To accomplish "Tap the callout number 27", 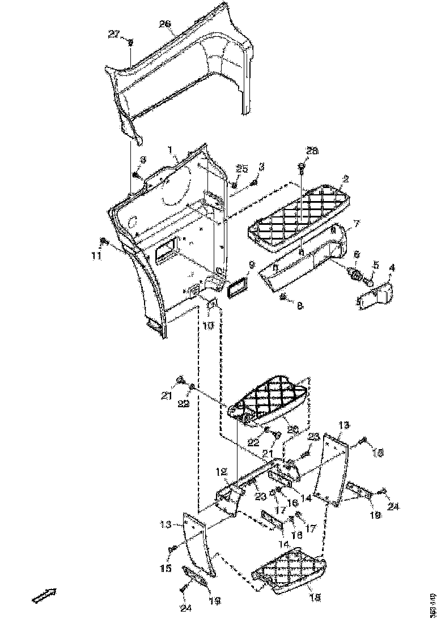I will click(113, 34).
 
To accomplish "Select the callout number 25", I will click(242, 169).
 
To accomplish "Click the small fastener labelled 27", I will click(130, 42).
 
